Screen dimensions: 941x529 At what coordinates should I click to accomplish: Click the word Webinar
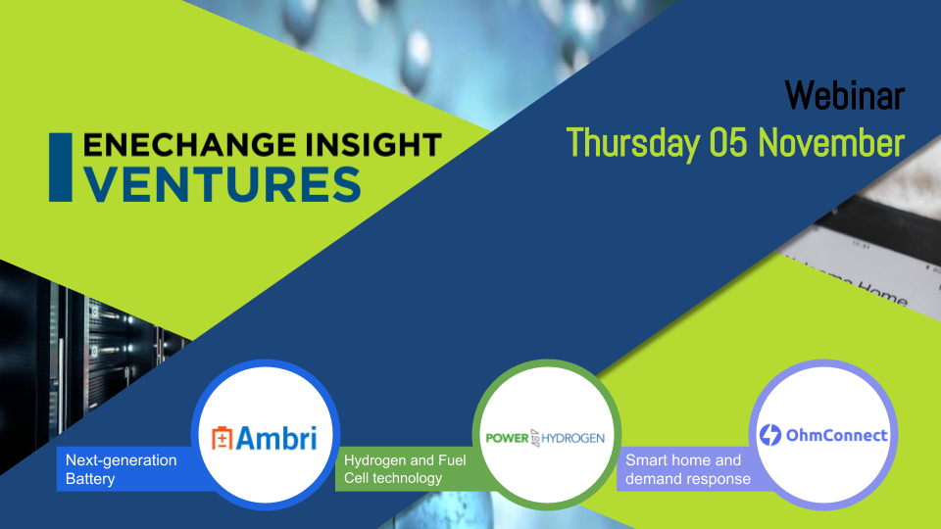click(x=844, y=95)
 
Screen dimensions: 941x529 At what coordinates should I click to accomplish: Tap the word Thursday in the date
click(x=633, y=143)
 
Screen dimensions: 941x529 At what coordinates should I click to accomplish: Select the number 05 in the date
click(x=729, y=143)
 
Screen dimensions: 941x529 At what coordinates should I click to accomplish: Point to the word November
click(x=831, y=143)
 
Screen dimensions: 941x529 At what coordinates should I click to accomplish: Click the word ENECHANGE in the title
click(x=189, y=145)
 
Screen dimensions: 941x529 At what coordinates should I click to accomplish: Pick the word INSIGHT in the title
click(x=373, y=145)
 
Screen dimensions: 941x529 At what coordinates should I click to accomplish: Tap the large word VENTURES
click(x=223, y=184)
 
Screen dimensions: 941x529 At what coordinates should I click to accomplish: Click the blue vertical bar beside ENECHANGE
click(x=60, y=168)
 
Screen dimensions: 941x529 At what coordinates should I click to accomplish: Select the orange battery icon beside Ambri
click(x=222, y=438)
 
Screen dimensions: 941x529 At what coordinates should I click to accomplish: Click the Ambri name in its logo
click(x=276, y=437)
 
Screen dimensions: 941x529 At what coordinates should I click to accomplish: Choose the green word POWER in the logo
click(x=507, y=439)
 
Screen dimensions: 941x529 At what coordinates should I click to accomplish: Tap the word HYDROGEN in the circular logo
click(x=572, y=439)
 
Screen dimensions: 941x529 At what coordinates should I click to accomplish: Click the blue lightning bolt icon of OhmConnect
click(x=770, y=435)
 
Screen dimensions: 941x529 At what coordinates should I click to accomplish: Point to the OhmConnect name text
click(x=836, y=435)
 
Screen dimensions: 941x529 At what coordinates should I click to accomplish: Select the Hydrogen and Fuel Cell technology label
click(x=405, y=469)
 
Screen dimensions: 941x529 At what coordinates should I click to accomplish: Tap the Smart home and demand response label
click(x=688, y=469)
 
